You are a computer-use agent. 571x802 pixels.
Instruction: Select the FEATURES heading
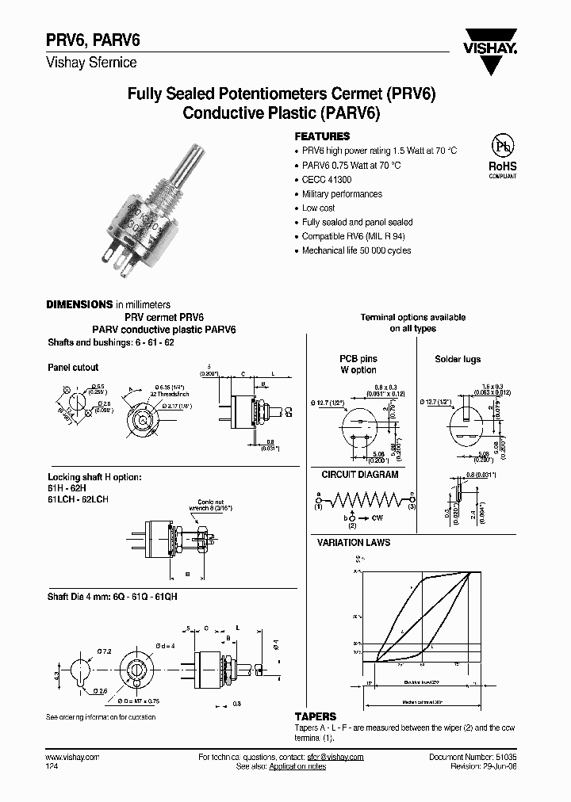322,136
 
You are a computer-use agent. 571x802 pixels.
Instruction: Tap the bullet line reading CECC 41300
327,180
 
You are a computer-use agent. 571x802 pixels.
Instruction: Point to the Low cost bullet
320,208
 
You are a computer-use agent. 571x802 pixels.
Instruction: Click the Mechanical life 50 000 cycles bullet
356,250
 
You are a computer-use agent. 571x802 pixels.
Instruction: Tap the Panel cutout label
73,368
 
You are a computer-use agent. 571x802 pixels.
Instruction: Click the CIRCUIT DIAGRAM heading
359,475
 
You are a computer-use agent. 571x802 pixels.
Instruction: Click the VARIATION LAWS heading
353,543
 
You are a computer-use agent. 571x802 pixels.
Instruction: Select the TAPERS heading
316,716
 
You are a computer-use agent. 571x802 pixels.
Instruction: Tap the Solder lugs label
458,359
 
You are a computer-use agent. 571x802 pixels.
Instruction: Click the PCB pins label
358,359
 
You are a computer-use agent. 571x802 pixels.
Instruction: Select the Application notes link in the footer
297,767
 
